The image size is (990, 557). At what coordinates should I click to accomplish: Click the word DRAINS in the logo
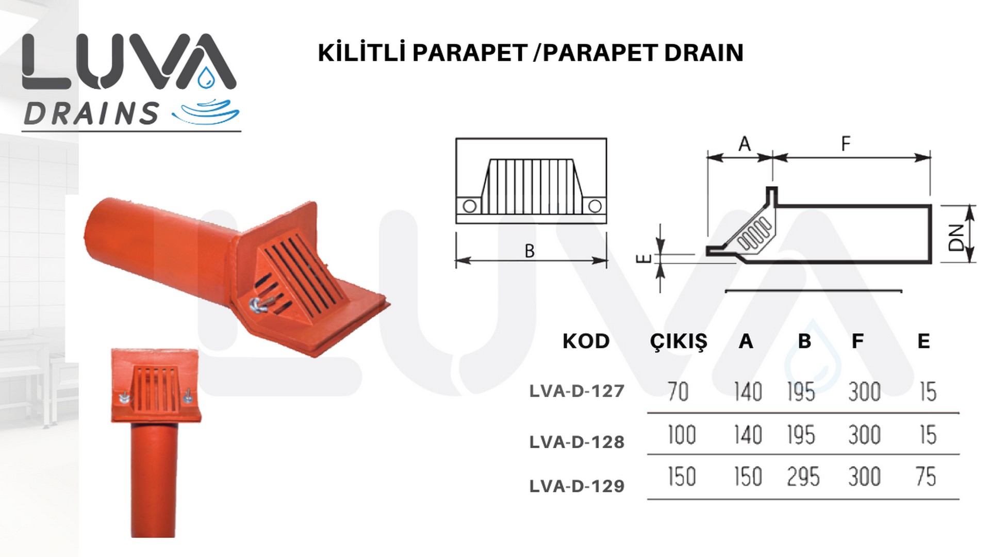[x=91, y=114]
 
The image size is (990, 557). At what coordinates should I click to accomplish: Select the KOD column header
[x=586, y=341]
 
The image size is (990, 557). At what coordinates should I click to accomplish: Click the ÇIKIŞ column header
[x=679, y=342]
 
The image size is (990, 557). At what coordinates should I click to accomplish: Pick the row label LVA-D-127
[x=577, y=391]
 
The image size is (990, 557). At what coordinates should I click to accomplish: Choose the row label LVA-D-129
[x=577, y=486]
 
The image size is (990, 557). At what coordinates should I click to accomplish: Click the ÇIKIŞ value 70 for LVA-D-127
[x=678, y=391]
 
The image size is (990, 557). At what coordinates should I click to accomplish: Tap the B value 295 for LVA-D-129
[x=803, y=477]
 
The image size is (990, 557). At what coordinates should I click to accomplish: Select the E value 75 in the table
[x=926, y=477]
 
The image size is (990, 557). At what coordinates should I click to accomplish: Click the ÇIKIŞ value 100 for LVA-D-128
[x=682, y=435]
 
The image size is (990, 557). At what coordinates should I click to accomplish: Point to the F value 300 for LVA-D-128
[x=865, y=435]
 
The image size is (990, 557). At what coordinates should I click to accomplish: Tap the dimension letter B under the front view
[x=530, y=251]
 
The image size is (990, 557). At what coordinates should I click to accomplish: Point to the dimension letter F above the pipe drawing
[x=846, y=143]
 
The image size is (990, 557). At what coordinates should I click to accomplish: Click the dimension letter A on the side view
[x=745, y=144]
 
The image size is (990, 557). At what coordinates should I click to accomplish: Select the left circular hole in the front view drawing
[x=469, y=206]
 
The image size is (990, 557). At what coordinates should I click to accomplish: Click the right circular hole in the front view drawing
[x=595, y=206]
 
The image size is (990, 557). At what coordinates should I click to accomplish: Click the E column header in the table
[x=923, y=341]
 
